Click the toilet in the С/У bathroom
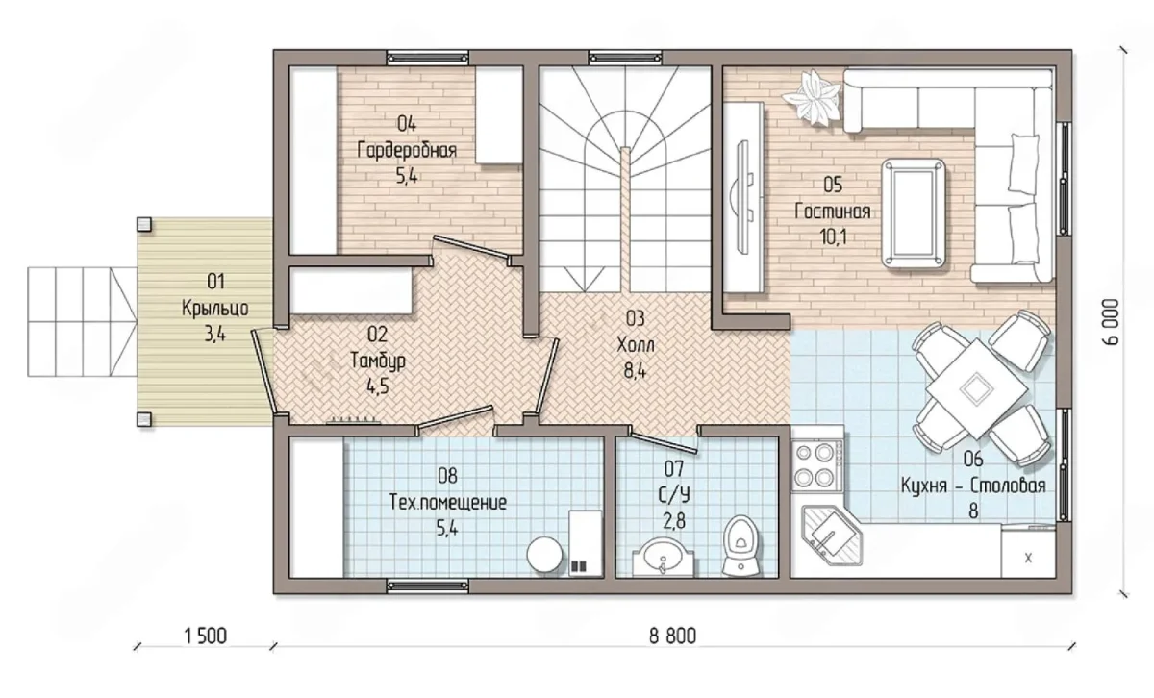pyautogui.click(x=740, y=545)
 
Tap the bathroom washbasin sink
pyautogui.click(x=664, y=558)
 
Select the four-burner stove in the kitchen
pyautogui.click(x=815, y=465)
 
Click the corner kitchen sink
pyautogui.click(x=832, y=536)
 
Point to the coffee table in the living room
pyautogui.click(x=914, y=213)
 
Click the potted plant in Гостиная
pyautogui.click(x=813, y=98)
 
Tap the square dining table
pyautogui.click(x=974, y=387)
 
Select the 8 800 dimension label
pyautogui.click(x=673, y=636)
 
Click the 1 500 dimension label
pyautogui.click(x=205, y=636)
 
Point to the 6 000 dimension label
pyautogui.click(x=1112, y=322)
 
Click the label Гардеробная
pyautogui.click(x=407, y=151)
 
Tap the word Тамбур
pyautogui.click(x=378, y=361)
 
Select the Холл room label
pyautogui.click(x=636, y=345)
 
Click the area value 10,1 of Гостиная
pyautogui.click(x=833, y=237)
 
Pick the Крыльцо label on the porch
pyautogui.click(x=215, y=309)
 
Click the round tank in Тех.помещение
pyautogui.click(x=544, y=555)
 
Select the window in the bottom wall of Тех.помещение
pyautogui.click(x=428, y=586)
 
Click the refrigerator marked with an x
pyautogui.click(x=1028, y=551)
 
